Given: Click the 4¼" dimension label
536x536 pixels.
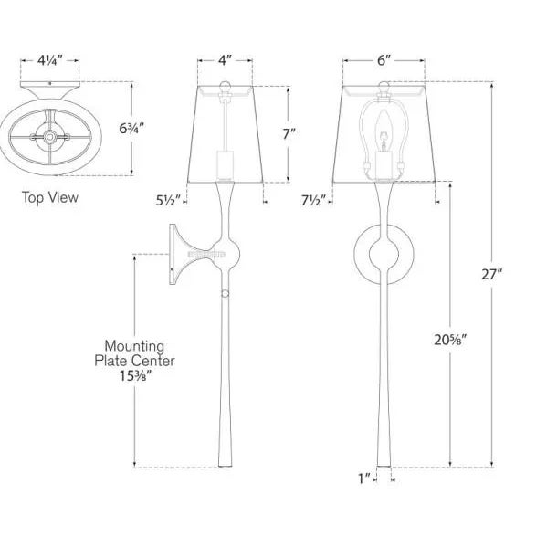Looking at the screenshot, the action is pos(50,61).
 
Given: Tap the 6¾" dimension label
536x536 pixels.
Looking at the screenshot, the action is pos(131,129).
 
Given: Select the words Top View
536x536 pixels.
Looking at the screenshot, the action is pos(50,197).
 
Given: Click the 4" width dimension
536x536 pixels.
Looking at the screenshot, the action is pos(225,61).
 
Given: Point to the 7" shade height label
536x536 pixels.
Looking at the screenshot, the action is pos(289,133).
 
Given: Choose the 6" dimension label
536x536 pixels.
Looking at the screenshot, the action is pos(384,60).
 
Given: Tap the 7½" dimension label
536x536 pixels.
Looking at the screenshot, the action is pos(313,200).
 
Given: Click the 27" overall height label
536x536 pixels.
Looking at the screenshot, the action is pos(492,274).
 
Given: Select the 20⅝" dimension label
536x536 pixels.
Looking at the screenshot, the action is pos(450,340).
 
